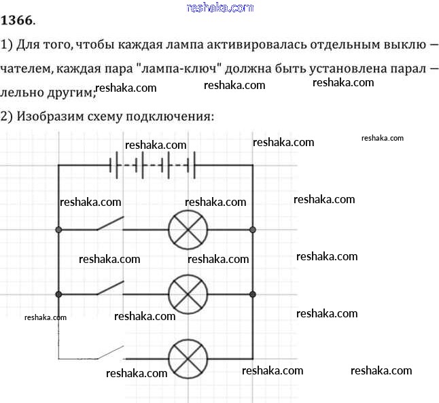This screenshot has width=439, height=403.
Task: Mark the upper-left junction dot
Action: [58, 230]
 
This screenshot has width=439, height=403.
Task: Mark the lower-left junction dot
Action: [58, 294]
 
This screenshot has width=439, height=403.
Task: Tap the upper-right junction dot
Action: [253, 230]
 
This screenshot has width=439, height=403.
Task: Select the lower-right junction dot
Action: [253, 294]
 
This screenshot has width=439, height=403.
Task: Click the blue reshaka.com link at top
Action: [219, 7]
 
